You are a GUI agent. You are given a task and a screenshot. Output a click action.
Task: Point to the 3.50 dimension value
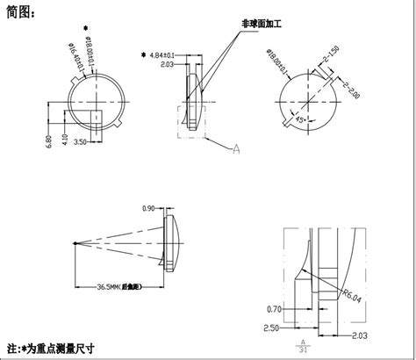pyautogui.click(x=79, y=140)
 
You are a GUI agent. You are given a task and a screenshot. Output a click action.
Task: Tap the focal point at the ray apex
pyautogui.click(x=76, y=243)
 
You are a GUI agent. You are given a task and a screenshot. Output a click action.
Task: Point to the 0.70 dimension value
pyautogui.click(x=275, y=308)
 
